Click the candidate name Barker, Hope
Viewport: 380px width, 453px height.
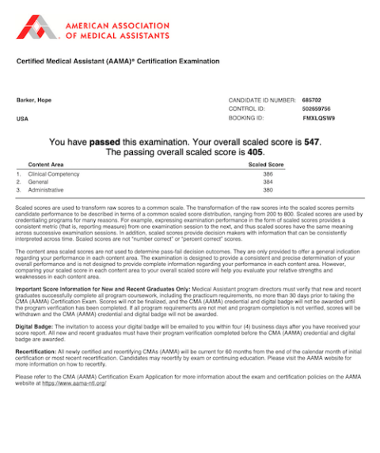[x=32, y=101]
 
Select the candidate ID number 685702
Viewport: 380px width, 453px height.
[x=311, y=101]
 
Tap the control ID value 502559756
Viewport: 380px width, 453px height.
[x=316, y=108]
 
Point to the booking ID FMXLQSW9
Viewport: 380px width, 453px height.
[x=319, y=118]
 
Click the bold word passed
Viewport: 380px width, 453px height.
[x=104, y=143]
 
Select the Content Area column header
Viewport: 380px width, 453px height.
[x=46, y=165]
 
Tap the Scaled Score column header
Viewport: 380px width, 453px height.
[x=266, y=165]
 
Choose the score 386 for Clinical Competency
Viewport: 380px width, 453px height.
[x=268, y=173]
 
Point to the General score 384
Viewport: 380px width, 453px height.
[x=268, y=181]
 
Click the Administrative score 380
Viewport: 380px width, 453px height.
[x=268, y=190]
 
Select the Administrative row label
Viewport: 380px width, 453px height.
[x=46, y=190]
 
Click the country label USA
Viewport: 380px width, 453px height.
[x=22, y=119]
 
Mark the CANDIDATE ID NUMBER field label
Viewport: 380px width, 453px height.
[x=256, y=101]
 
